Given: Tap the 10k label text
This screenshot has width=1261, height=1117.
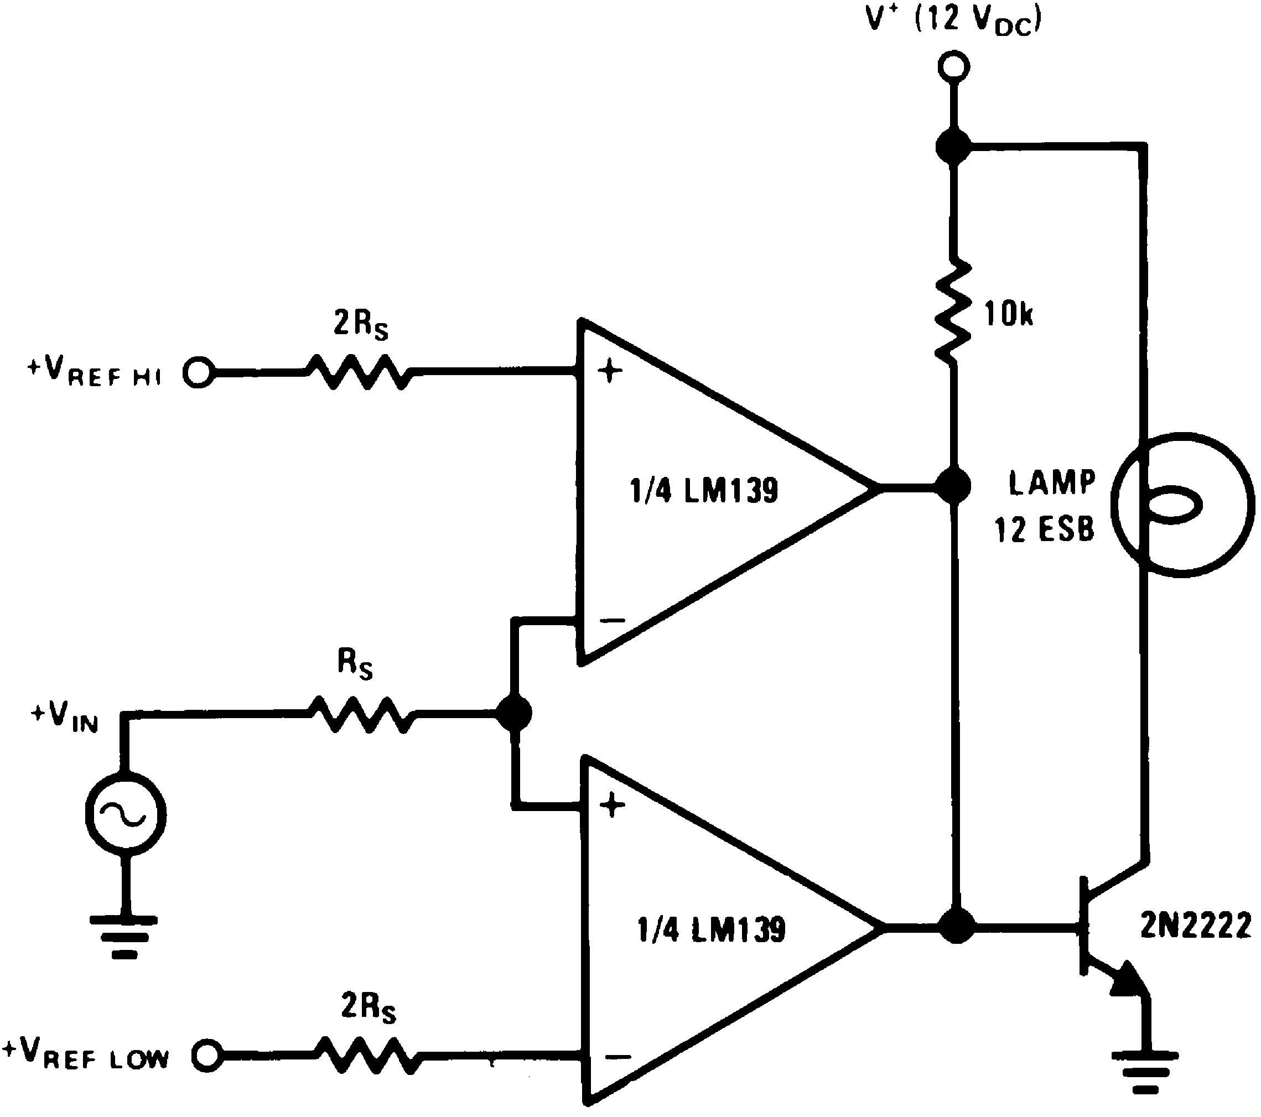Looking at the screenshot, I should [1008, 315].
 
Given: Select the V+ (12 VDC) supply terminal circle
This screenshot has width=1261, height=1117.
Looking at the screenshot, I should [953, 66].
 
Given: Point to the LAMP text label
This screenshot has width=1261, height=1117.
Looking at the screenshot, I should [1052, 483].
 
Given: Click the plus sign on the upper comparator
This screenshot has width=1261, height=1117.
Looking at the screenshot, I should [610, 372].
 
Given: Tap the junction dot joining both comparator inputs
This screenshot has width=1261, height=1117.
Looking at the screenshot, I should [513, 714].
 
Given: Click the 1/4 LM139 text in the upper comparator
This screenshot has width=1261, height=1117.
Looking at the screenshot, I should [703, 492].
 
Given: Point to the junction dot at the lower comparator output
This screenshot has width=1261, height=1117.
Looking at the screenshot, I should [956, 926].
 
